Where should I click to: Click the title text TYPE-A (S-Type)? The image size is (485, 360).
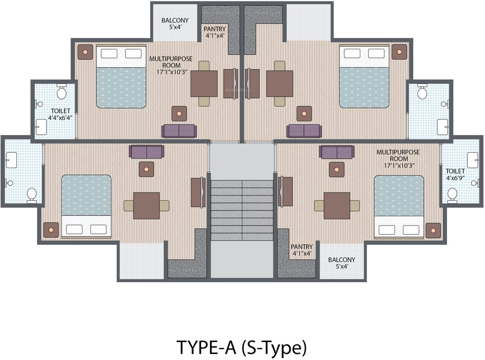click(242, 347)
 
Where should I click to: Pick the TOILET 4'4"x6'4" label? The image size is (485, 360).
click(54, 114)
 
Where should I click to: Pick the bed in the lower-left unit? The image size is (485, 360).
click(86, 205)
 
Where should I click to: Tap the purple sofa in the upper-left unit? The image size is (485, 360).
click(179, 131)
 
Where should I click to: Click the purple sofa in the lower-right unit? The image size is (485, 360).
click(336, 152)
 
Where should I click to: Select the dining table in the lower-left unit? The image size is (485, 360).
click(146, 205)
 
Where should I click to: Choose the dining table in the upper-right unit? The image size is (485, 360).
click(280, 83)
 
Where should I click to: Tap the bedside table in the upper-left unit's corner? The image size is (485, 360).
click(85, 52)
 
